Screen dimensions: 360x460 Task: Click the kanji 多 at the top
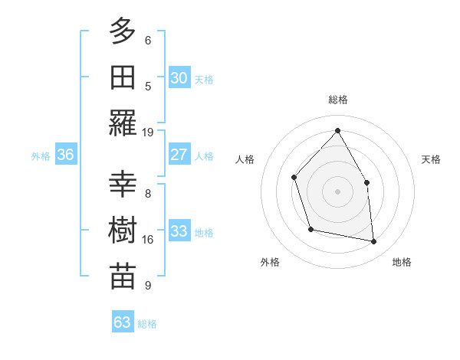[123, 32]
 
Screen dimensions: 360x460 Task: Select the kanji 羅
[123, 123]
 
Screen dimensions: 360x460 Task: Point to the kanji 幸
[123, 185]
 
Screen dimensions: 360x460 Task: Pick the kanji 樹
[123, 231]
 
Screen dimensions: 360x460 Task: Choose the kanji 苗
[123, 276]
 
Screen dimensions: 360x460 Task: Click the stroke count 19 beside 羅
[148, 132]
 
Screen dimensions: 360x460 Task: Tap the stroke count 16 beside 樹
[148, 240]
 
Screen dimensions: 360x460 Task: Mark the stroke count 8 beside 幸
[148, 194]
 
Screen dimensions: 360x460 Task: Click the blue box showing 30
[179, 77]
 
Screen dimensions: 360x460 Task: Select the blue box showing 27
[179, 155]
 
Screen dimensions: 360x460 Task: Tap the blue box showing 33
[179, 231]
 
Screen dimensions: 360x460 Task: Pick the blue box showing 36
[66, 155]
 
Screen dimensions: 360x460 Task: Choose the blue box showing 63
[123, 322]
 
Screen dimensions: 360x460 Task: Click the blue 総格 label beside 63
[147, 324]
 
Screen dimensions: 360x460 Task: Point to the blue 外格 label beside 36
[41, 156]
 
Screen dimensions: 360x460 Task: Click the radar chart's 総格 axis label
[338, 100]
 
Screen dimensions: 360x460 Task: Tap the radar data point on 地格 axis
[374, 242]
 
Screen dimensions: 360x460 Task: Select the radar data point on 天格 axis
[366, 182]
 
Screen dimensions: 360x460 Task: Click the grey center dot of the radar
[337, 191]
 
